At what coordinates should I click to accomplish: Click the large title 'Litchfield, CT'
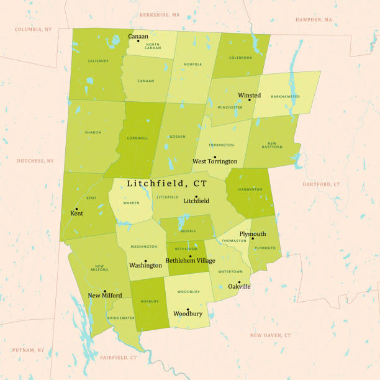167,184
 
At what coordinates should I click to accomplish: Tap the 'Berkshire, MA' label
160,14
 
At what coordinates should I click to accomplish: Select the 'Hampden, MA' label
314,20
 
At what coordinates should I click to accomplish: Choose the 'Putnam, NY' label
28,350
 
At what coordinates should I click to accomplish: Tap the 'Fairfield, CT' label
118,358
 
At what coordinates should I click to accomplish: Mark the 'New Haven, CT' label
270,335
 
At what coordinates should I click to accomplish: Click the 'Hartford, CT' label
321,184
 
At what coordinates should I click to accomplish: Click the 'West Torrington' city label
215,161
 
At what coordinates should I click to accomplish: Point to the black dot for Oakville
239,282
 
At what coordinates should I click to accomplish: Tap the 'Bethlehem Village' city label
191,261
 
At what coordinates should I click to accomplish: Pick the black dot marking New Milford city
105,291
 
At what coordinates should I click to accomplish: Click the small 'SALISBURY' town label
98,61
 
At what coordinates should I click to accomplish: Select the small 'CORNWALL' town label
137,138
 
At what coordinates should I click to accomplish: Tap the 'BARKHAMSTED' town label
286,96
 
